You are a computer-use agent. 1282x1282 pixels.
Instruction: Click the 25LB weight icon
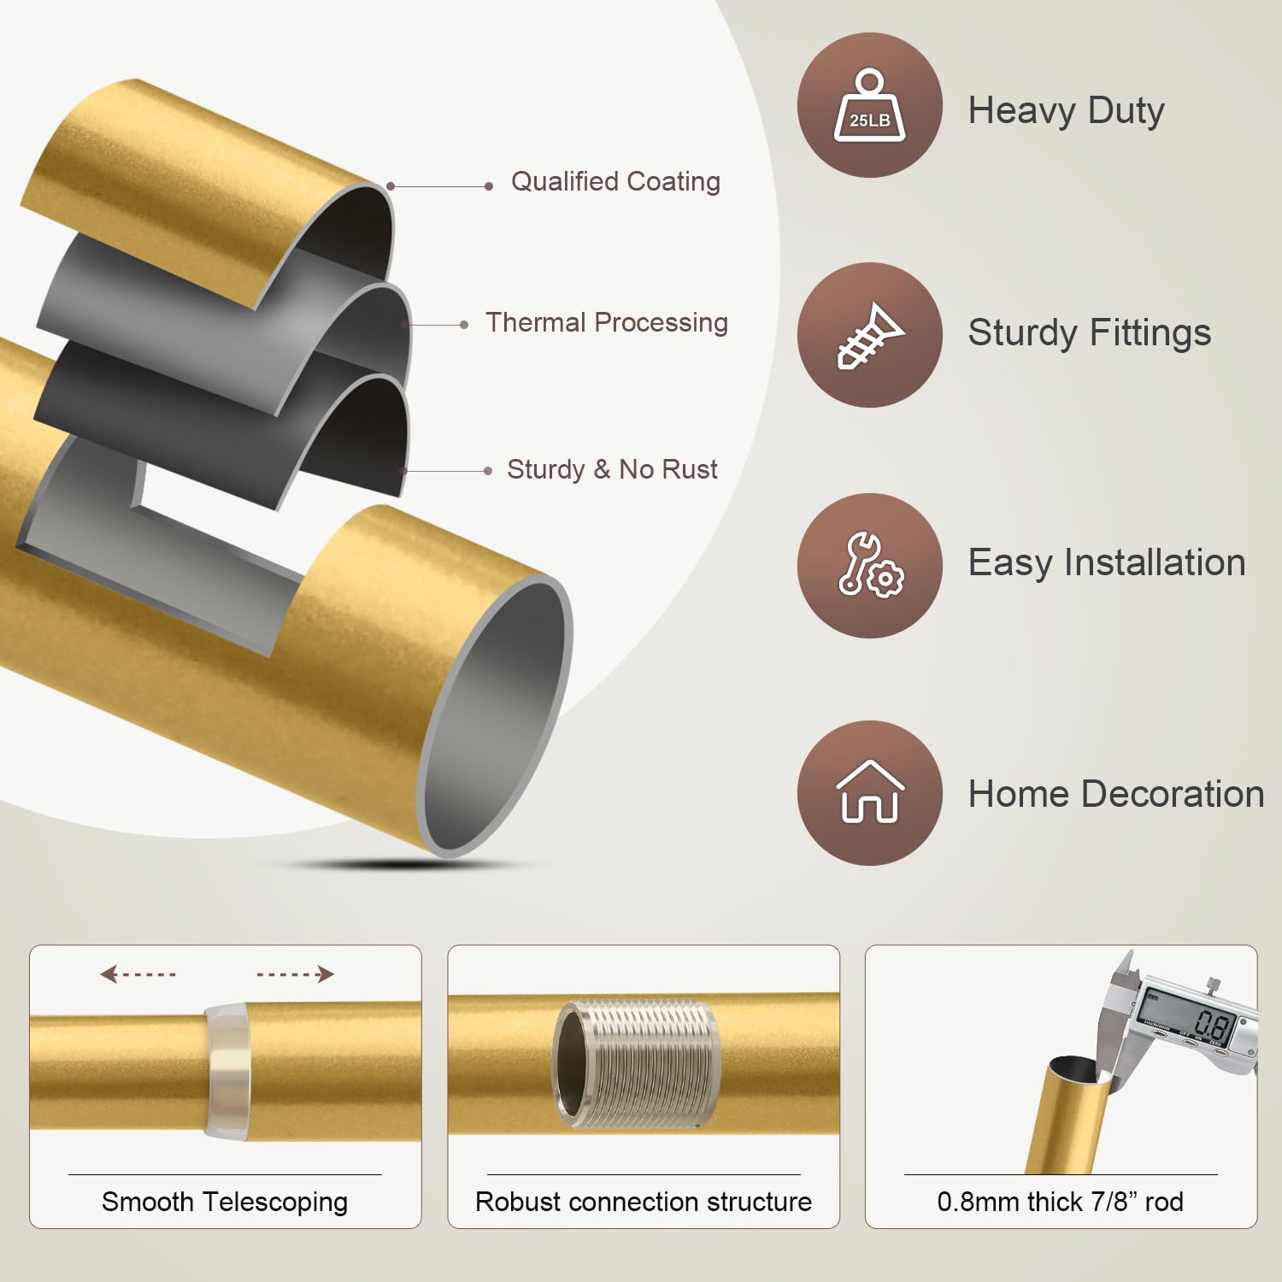[x=869, y=106]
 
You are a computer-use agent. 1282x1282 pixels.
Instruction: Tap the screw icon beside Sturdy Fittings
[x=869, y=335]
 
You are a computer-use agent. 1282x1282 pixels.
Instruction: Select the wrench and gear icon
[x=869, y=565]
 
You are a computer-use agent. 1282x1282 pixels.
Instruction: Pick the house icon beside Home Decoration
[x=869, y=792]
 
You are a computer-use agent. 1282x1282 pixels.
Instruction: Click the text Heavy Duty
[x=1066, y=111]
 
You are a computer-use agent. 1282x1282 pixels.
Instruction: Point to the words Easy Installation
[x=1106, y=563]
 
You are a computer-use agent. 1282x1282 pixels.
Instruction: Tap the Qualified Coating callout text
[x=615, y=182]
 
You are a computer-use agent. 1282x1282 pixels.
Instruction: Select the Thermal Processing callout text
[x=606, y=323]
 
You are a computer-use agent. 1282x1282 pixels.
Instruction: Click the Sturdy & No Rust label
[x=612, y=469]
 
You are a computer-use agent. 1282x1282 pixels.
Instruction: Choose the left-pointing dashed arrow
[x=138, y=974]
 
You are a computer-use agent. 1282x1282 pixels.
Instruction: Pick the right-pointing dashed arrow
[x=296, y=974]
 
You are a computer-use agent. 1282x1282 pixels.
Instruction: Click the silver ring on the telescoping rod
[x=226, y=1072]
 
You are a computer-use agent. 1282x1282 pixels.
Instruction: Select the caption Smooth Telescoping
[x=225, y=1202]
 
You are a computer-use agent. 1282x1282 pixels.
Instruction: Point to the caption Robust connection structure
[x=643, y=1202]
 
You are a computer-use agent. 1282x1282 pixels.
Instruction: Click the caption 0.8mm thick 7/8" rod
[x=1060, y=1202]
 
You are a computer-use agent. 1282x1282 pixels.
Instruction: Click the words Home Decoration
[x=1115, y=794]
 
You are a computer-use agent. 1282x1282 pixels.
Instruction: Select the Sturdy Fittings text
[x=1089, y=333]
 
